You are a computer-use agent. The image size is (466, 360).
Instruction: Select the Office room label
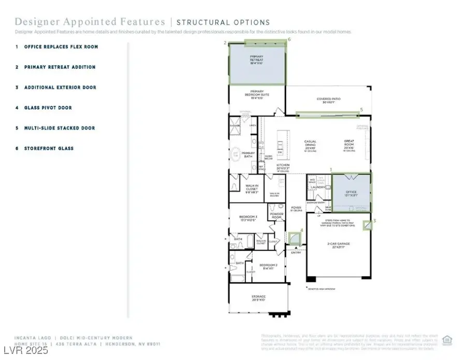point(351,193)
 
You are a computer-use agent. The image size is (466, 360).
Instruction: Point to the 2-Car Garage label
point(339,245)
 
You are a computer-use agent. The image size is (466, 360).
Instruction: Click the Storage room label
point(258,298)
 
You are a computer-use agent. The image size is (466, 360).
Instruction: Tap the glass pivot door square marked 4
point(295,238)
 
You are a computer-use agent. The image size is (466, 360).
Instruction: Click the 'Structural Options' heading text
point(223,22)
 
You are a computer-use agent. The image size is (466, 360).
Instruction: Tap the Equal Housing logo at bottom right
point(448,339)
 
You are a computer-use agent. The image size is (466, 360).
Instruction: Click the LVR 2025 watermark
point(24,351)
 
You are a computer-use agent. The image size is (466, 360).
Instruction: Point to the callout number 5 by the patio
point(361,109)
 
